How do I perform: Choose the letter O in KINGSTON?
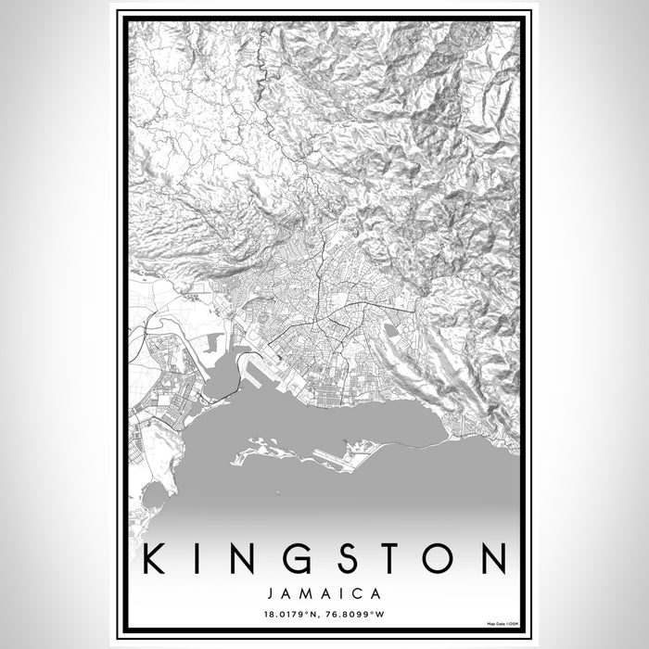click(448, 559)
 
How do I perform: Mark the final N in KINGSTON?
click(498, 559)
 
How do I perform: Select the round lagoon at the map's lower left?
click(155, 496)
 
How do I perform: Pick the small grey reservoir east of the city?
click(390, 329)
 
